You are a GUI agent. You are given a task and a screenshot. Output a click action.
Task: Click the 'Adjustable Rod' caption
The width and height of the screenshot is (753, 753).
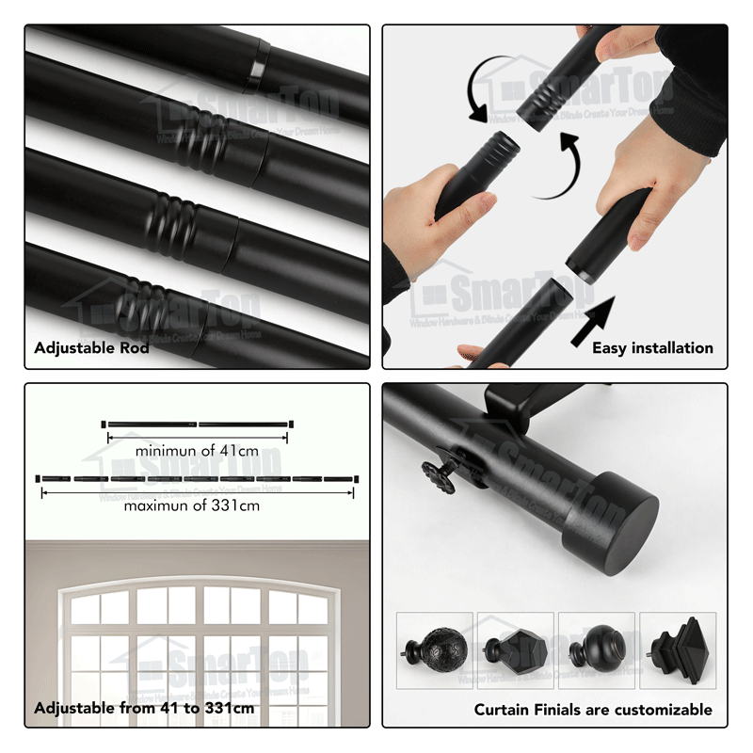91,348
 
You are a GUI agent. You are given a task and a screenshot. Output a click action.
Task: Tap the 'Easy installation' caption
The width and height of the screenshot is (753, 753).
652,348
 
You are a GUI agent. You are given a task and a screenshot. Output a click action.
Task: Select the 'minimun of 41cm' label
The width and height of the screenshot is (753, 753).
197,451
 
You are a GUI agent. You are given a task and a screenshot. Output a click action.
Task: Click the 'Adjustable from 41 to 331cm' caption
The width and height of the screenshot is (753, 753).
144,709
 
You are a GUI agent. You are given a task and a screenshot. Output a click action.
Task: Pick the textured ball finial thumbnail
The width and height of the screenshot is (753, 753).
435,650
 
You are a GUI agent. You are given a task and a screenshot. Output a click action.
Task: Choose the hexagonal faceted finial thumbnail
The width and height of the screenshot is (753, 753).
516,650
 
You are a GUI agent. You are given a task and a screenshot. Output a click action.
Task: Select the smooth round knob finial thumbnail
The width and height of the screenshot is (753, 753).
596,650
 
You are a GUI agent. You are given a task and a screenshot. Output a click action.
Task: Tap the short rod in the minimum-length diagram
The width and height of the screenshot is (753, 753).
197,424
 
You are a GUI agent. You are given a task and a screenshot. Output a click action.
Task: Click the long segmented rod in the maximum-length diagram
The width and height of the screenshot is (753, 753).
197,479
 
